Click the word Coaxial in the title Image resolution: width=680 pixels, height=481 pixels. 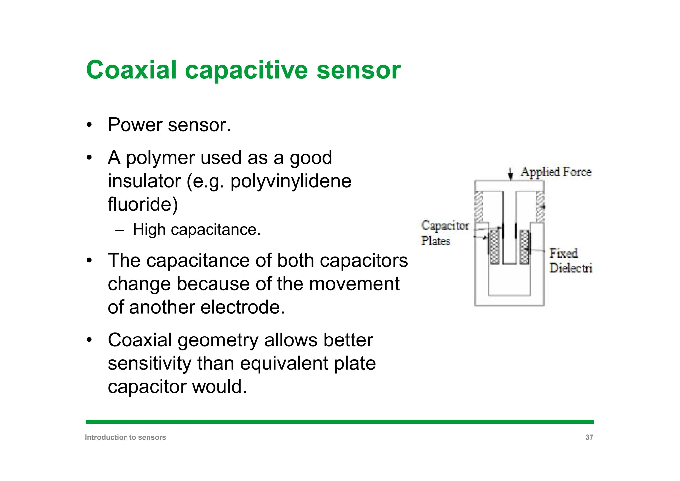(131, 70)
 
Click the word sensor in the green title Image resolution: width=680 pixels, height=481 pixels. (359, 70)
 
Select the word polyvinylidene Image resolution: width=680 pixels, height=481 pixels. (291, 181)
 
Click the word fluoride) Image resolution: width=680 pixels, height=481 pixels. (143, 204)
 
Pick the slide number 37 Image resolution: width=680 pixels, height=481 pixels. (589, 437)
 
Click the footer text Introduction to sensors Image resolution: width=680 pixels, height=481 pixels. (126, 437)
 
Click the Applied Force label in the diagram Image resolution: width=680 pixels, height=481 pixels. (556, 172)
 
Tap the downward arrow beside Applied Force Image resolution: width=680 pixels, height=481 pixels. (511, 174)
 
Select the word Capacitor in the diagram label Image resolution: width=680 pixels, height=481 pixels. (445, 225)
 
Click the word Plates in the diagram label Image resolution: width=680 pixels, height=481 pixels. (435, 241)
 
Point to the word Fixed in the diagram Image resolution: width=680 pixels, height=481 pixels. (563, 253)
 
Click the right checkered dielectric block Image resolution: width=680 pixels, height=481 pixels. (524, 247)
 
